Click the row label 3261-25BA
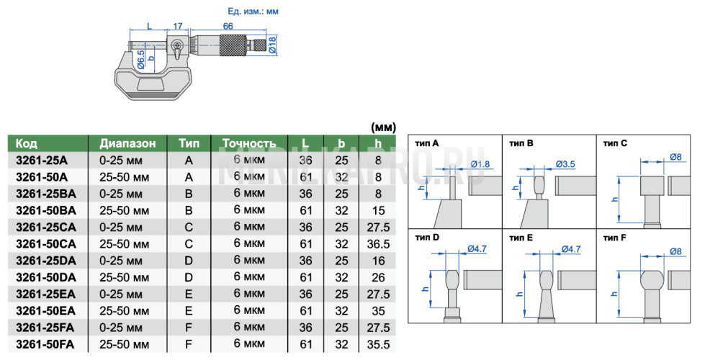(46, 194)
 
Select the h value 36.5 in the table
(378, 244)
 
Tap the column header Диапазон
(127, 143)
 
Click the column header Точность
(249, 143)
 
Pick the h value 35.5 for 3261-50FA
(378, 345)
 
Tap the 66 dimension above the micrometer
(228, 26)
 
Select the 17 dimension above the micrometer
(178, 26)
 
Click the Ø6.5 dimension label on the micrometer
(141, 59)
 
